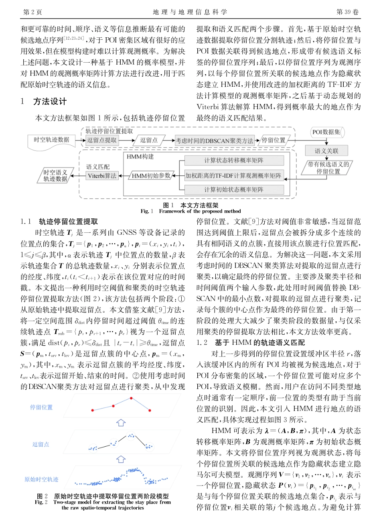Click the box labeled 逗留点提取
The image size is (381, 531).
[x=102, y=140]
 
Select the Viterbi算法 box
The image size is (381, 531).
[x=102, y=176]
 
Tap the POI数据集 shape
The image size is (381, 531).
[x=327, y=132]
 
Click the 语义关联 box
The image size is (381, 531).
[x=326, y=151]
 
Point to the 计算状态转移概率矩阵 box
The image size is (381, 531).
[x=234, y=161]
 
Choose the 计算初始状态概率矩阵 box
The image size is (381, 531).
[x=234, y=189]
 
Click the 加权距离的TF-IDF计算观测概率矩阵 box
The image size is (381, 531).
[x=234, y=176]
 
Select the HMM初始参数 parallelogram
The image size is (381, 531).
[x=151, y=176]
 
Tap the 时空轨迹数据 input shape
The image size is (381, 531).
[x=51, y=140]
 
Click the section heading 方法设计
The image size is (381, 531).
[x=50, y=101]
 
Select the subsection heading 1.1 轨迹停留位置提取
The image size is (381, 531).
[x=59, y=221]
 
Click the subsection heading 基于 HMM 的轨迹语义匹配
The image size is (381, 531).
[x=260, y=342]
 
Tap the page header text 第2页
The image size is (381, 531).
[x=33, y=12]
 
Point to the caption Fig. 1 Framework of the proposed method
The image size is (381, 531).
[x=191, y=211]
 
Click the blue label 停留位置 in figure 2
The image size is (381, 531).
[x=41, y=407]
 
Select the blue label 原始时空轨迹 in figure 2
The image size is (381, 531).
[x=41, y=479]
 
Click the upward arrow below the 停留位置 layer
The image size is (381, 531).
[x=121, y=423]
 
